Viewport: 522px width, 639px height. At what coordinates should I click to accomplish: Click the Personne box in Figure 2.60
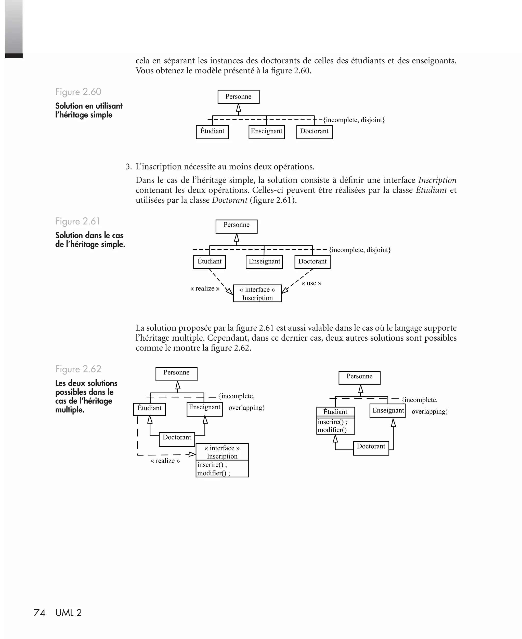(239, 97)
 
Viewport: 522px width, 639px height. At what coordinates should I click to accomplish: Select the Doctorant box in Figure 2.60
(314, 132)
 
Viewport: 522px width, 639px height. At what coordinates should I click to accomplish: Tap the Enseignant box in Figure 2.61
(264, 261)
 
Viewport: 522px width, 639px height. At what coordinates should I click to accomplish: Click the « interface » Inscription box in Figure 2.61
(257, 293)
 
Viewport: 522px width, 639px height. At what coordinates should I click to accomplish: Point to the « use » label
(311, 283)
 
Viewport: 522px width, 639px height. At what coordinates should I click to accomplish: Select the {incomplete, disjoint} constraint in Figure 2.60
(354, 120)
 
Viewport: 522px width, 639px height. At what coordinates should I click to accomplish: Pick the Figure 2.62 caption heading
(78, 369)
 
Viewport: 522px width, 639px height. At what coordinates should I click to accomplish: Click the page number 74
(40, 613)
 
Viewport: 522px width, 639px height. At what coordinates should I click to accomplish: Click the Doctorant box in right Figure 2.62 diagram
(371, 448)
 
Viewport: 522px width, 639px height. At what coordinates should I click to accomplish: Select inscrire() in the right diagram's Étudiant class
(332, 422)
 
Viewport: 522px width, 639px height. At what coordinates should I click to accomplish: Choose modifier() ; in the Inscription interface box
(214, 473)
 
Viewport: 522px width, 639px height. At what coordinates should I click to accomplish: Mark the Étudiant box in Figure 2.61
(210, 261)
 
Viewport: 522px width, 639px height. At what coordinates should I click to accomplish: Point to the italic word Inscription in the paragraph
(437, 180)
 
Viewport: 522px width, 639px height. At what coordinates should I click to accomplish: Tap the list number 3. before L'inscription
(129, 167)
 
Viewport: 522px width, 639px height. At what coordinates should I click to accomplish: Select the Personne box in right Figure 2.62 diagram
(359, 378)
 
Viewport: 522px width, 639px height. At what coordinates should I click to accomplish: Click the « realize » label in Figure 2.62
(165, 461)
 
